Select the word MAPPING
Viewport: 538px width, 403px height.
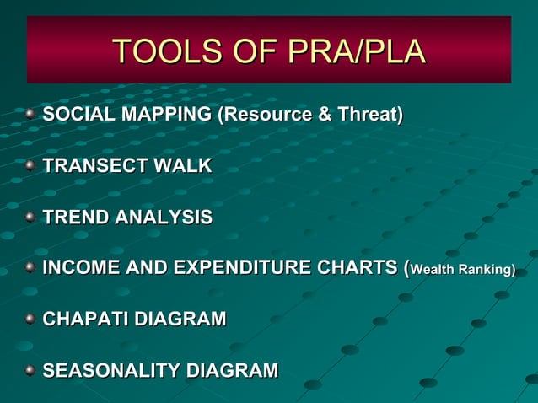tap(163, 115)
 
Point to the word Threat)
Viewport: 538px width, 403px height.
tap(369, 115)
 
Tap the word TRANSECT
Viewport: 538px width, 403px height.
tap(94, 166)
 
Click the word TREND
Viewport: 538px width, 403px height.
tap(76, 218)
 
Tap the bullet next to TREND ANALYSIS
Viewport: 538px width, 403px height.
tap(30, 218)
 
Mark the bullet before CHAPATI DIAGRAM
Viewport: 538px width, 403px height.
tap(30, 320)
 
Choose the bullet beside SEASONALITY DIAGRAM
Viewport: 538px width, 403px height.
tap(30, 371)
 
